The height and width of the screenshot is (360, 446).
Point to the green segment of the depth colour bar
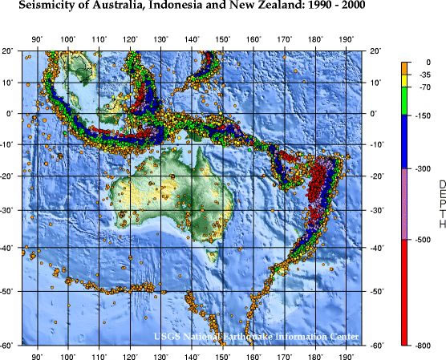[406, 101]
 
